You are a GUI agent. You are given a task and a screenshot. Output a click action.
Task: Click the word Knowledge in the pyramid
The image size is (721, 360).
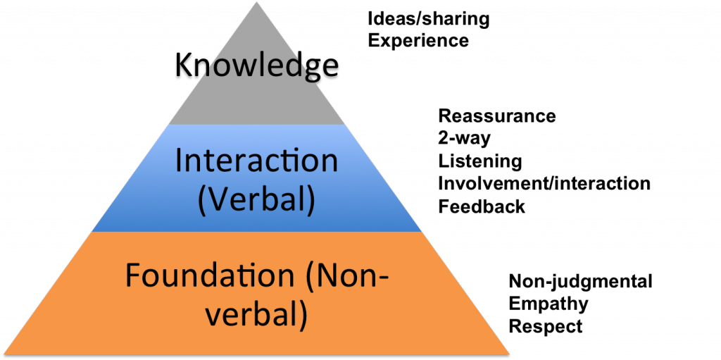click(256, 66)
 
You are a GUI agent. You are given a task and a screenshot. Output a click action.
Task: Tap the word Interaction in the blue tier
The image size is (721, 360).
click(256, 161)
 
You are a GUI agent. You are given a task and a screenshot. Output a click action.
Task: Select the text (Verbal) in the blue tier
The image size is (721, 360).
click(256, 201)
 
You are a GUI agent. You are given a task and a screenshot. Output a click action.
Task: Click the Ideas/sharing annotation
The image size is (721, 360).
click(429, 20)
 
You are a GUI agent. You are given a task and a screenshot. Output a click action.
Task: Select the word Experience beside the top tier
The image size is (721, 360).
click(418, 41)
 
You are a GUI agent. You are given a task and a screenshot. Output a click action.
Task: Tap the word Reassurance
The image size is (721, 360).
click(497, 116)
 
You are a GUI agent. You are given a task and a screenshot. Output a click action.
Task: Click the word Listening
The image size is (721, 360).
click(480, 161)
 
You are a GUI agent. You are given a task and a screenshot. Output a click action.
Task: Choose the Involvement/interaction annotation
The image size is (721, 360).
click(544, 184)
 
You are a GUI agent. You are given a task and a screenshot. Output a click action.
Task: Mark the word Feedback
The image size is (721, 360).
click(482, 206)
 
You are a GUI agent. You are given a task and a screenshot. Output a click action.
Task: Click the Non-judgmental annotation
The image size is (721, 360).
click(580, 282)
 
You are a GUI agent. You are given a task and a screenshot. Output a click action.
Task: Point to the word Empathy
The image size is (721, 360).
click(548, 304)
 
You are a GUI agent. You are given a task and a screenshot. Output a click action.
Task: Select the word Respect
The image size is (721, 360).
click(546, 326)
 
